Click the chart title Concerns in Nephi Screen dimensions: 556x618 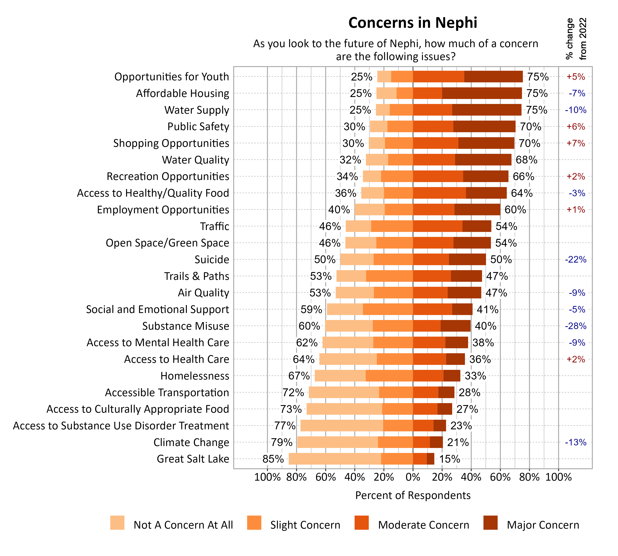tap(413, 23)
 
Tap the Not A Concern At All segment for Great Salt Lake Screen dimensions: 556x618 tap(335, 459)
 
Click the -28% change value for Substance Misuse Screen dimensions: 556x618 tap(576, 326)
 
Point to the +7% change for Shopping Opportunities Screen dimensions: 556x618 tap(576, 143)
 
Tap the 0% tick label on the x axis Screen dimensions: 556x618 tap(413, 477)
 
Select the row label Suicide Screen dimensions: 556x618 tap(212, 260)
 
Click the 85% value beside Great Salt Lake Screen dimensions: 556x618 tap(273, 459)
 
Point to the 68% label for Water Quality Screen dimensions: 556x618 tap(526, 160)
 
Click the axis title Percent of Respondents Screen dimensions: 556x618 tap(413, 495)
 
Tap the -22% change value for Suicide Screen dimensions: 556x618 tap(576, 260)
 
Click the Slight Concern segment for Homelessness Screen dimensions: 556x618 tap(389, 376)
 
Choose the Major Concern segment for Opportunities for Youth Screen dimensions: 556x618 tap(493, 77)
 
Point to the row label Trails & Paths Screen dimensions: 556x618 tap(197, 276)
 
